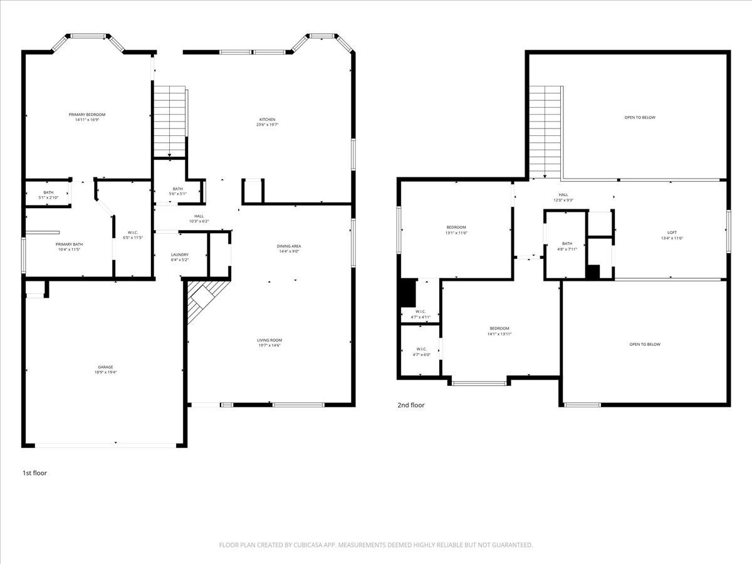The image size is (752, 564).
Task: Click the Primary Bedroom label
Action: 87,115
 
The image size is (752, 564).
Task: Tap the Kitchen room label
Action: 268,120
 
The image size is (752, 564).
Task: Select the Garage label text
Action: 105,367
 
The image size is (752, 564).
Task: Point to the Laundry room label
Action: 180,254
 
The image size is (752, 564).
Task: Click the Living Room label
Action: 269,340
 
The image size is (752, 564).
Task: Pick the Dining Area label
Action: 288,246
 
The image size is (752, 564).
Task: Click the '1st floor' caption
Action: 34,473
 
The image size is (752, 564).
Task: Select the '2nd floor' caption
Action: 411,405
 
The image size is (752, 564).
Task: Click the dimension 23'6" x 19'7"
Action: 268,125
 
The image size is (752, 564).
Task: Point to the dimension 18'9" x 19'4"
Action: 105,372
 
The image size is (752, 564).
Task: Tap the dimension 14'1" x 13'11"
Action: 499,334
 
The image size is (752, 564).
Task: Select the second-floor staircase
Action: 545,132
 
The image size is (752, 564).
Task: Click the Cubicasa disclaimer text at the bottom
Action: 376,545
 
